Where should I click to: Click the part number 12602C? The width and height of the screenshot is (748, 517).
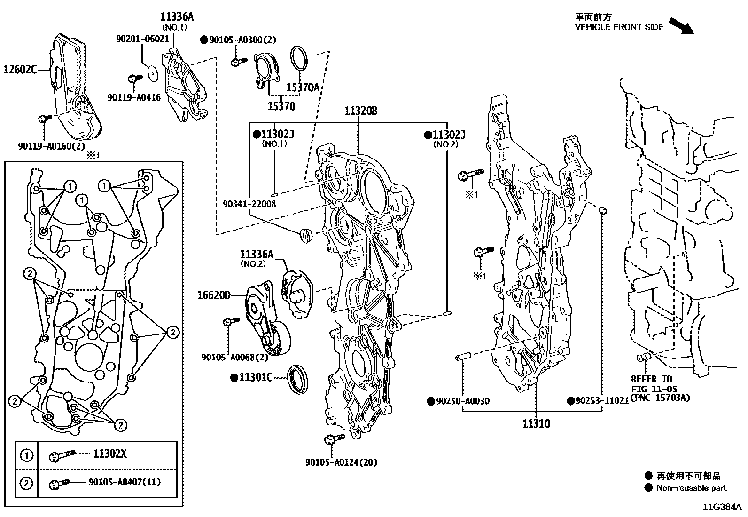coord(20,70)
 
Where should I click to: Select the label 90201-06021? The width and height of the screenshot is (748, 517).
coord(142,39)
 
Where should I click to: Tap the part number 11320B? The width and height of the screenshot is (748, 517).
coord(361,111)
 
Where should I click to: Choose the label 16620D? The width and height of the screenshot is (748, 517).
coord(214,295)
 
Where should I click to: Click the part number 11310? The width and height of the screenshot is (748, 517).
coord(536,423)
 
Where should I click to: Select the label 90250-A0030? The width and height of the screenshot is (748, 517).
coord(462,401)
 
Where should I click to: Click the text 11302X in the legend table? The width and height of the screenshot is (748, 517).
coord(109,454)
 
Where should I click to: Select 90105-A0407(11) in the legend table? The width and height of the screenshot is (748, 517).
coord(125,482)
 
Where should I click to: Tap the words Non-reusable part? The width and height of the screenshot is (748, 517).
coord(691,488)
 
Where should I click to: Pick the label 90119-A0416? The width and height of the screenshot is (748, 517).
coord(134,98)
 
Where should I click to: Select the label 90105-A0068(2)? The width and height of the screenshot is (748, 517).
coord(228,357)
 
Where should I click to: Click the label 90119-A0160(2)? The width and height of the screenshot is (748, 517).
coord(45,146)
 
